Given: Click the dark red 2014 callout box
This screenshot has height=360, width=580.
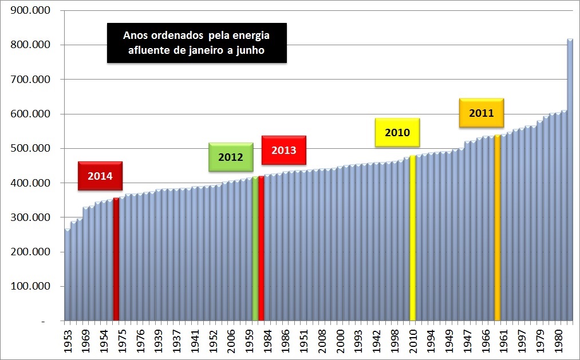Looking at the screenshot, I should click(x=100, y=176).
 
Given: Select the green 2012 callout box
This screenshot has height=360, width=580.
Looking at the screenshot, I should click(x=230, y=157).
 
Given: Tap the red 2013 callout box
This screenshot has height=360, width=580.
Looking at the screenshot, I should click(x=283, y=151).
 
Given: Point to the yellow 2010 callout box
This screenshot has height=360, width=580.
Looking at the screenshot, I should click(x=397, y=133).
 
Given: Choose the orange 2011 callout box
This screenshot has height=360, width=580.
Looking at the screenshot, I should click(x=481, y=113).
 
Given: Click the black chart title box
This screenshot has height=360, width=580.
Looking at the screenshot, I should click(x=196, y=43).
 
